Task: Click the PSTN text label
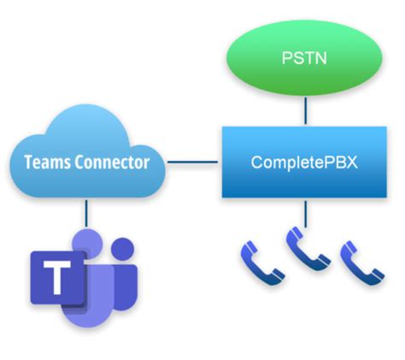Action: pos(304,58)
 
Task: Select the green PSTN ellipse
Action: pos(304,57)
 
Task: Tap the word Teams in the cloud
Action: pos(47,162)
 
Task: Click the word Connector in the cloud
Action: pos(112,162)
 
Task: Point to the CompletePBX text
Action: pos(304,162)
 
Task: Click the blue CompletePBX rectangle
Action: pos(304,162)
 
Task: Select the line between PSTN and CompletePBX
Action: pos(306,111)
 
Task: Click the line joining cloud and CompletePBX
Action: pos(192,162)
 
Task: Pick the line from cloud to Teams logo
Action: pos(86,213)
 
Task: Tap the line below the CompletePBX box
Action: pos(306,214)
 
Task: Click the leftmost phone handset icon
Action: pos(262,263)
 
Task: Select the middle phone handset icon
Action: pos(308,249)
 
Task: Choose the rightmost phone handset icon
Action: pos(361,263)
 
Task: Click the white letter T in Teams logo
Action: pos(57,277)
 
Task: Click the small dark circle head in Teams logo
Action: pos(122,249)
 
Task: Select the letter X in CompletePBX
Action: pos(351,162)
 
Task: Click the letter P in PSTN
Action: pos(286,58)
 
